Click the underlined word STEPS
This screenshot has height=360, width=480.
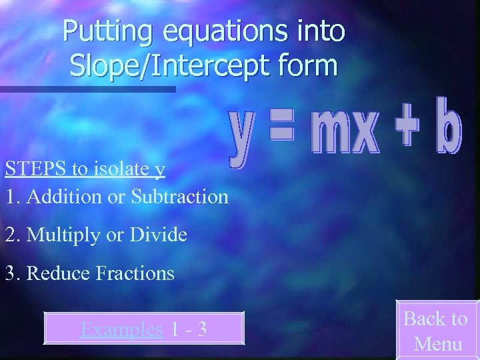(36, 169)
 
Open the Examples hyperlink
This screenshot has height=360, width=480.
(121, 329)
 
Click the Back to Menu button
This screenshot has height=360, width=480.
(437, 331)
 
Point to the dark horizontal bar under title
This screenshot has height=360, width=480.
(87, 89)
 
